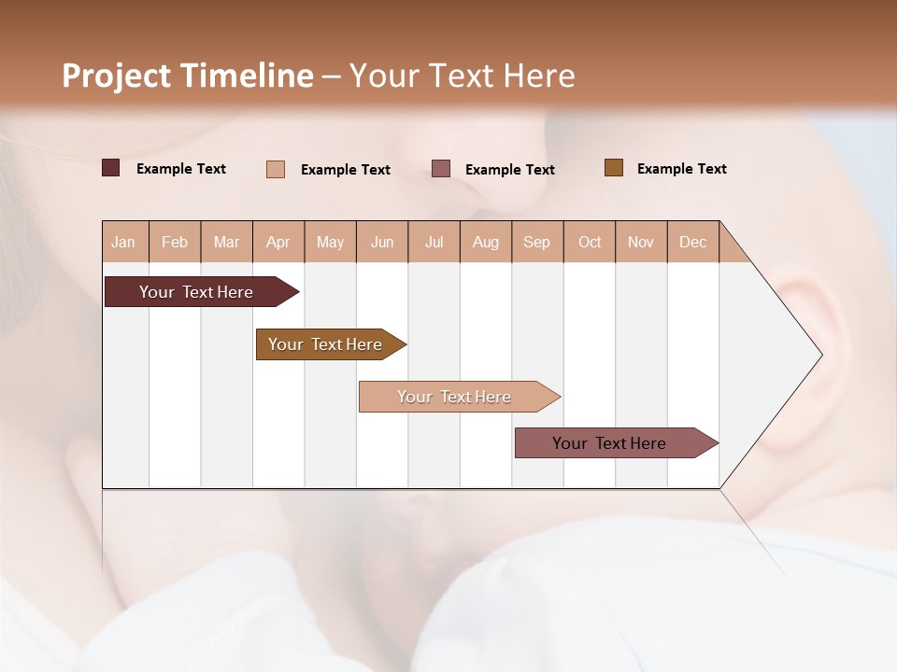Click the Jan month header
(124, 242)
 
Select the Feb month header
(175, 242)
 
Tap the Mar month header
(226, 242)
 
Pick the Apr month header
(278, 242)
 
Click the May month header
(330, 242)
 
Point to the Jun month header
(382, 242)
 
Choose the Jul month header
(434, 242)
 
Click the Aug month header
(486, 242)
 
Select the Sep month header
(537, 242)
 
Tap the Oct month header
(590, 242)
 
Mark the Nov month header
(641, 242)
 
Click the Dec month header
(693, 242)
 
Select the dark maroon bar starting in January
(197, 292)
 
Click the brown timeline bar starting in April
(326, 344)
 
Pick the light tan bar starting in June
(455, 397)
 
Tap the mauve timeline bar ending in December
(610, 443)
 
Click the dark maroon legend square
(111, 168)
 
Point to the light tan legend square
(276, 169)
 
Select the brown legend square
(614, 168)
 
